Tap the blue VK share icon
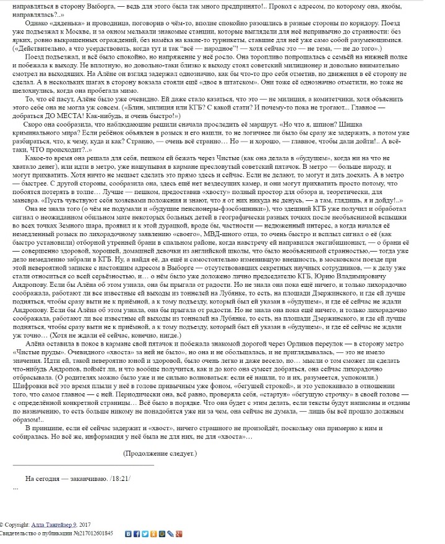[128, 533]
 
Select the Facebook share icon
[136, 533]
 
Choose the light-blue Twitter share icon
[144, 533]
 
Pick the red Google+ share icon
[178, 533]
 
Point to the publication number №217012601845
[93, 533]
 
